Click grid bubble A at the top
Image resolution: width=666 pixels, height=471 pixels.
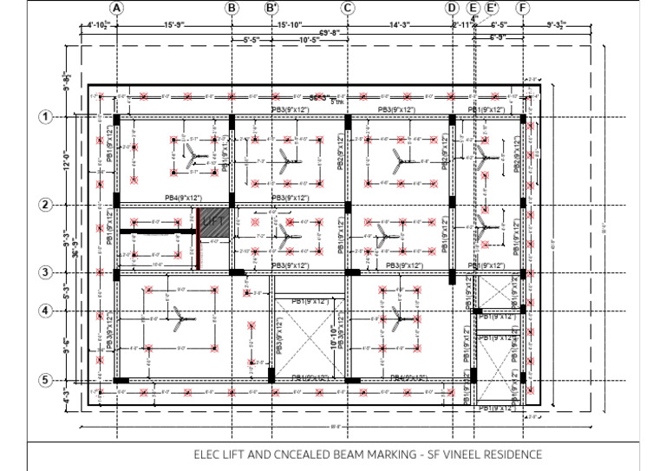point(118,8)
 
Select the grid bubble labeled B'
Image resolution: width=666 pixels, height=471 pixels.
point(271,8)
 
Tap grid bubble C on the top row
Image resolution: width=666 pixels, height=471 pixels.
point(347,8)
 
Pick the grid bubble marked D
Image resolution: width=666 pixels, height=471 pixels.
point(451,8)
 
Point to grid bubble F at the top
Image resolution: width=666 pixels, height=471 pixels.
point(522,8)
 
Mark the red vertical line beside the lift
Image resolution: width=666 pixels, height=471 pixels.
point(199,238)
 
